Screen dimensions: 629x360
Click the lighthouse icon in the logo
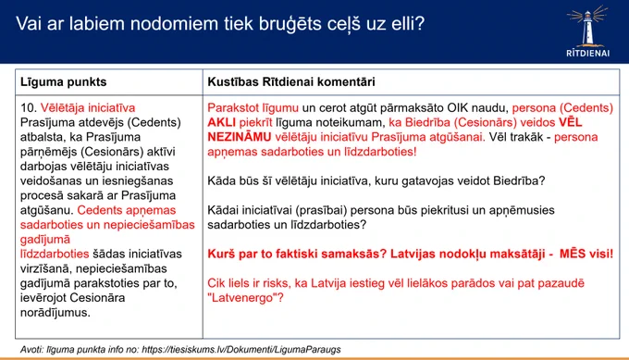[587, 26]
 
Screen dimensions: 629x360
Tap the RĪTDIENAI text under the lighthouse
[587, 53]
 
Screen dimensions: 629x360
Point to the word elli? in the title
[408, 23]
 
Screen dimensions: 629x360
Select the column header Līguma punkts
[64, 81]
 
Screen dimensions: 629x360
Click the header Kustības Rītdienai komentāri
[290, 81]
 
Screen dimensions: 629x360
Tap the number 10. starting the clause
[29, 108]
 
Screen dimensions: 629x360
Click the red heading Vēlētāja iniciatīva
[88, 108]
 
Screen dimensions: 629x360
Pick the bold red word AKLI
[221, 122]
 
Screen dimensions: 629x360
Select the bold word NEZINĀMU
[239, 137]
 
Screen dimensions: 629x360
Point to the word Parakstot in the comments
[233, 108]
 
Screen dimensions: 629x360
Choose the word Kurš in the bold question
[221, 254]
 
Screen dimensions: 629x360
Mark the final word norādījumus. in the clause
[55, 312]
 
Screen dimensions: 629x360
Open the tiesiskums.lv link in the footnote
[241, 350]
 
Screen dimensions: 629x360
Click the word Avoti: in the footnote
[31, 350]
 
